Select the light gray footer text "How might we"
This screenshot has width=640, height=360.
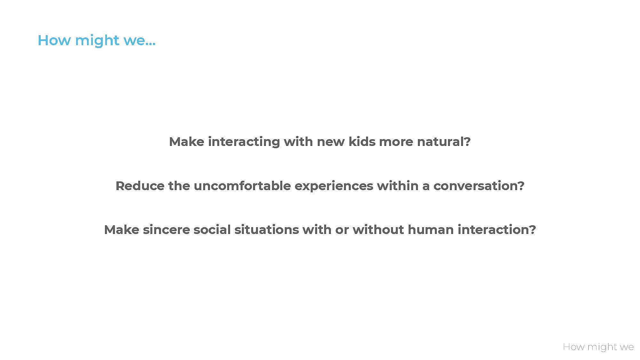click(598, 347)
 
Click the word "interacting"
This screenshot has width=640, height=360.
click(244, 141)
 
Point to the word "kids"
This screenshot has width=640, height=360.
click(362, 141)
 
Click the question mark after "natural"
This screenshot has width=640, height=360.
click(467, 141)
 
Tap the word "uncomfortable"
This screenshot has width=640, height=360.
click(242, 186)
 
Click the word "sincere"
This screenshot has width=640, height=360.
click(166, 230)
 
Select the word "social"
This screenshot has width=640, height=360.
click(212, 230)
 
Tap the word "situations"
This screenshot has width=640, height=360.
click(267, 230)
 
